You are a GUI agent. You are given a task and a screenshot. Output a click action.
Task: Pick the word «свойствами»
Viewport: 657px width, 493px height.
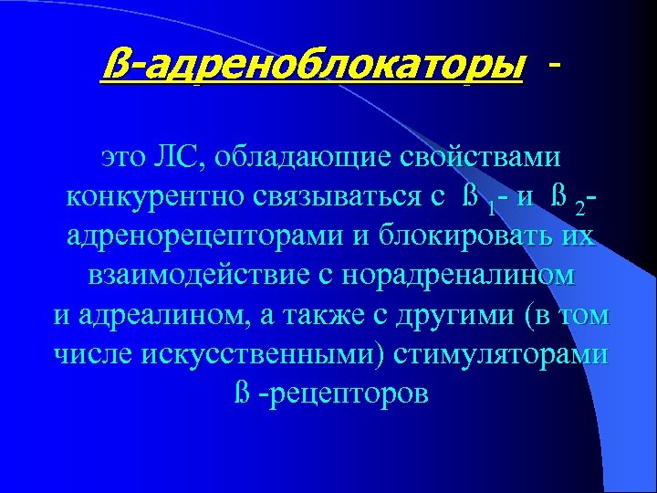tap(494, 157)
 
